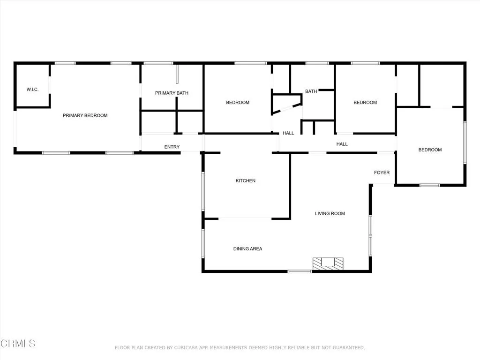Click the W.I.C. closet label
pos(32,90)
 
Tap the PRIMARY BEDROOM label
pos(85,115)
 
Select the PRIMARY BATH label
pos(172,93)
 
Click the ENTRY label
pos(172,147)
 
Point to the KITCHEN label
pos(245,180)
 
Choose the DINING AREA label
pos(247,249)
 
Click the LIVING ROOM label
pos(330,214)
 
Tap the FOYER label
pos(382,172)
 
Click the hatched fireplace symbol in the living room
pos(328,263)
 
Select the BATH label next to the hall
pos(311,91)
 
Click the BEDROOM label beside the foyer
pos(430,150)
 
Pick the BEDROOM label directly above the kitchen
pos(238,103)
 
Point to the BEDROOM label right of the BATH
pos(365,103)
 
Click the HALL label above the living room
pos(342,144)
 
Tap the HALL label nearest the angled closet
pos(288,133)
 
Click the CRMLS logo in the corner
pos(18,344)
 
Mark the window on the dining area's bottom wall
pos(300,271)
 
